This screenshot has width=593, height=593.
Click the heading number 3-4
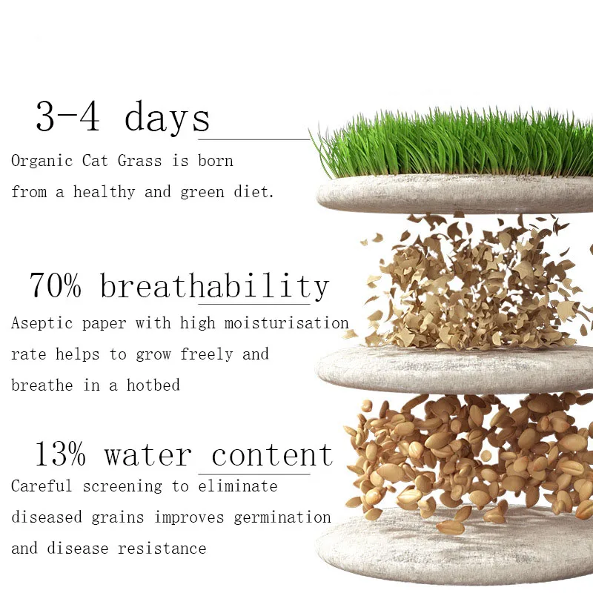click(x=68, y=116)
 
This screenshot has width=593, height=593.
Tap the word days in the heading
click(x=167, y=118)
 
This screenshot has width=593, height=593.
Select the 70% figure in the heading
click(x=55, y=285)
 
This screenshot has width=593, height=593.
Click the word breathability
click(x=214, y=285)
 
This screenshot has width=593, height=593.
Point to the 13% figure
click(x=61, y=454)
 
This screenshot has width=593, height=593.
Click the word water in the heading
click(x=148, y=455)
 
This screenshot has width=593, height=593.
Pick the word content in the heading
click(x=272, y=454)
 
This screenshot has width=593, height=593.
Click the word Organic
click(x=42, y=161)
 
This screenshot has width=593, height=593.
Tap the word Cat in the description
click(x=95, y=161)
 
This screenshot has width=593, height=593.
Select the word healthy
click(x=104, y=192)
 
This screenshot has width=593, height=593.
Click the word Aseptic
click(x=42, y=323)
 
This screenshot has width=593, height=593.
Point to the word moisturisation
click(x=286, y=323)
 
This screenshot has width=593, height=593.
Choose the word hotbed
click(x=153, y=385)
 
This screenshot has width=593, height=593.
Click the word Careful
click(x=42, y=486)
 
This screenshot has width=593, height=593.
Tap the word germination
click(x=282, y=517)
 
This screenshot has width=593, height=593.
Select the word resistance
click(x=162, y=549)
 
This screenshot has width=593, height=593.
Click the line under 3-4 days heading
click(x=254, y=139)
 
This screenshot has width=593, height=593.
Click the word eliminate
click(x=237, y=486)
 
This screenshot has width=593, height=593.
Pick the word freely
click(x=207, y=354)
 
